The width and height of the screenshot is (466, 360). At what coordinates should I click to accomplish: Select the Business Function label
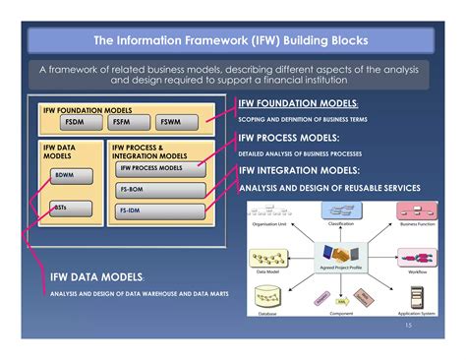[418, 225]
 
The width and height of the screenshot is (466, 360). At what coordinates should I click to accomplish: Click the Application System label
[417, 313]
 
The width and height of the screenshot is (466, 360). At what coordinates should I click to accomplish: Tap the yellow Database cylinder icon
[265, 295]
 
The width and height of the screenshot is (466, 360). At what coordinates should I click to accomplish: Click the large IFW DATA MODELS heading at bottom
[97, 278]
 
